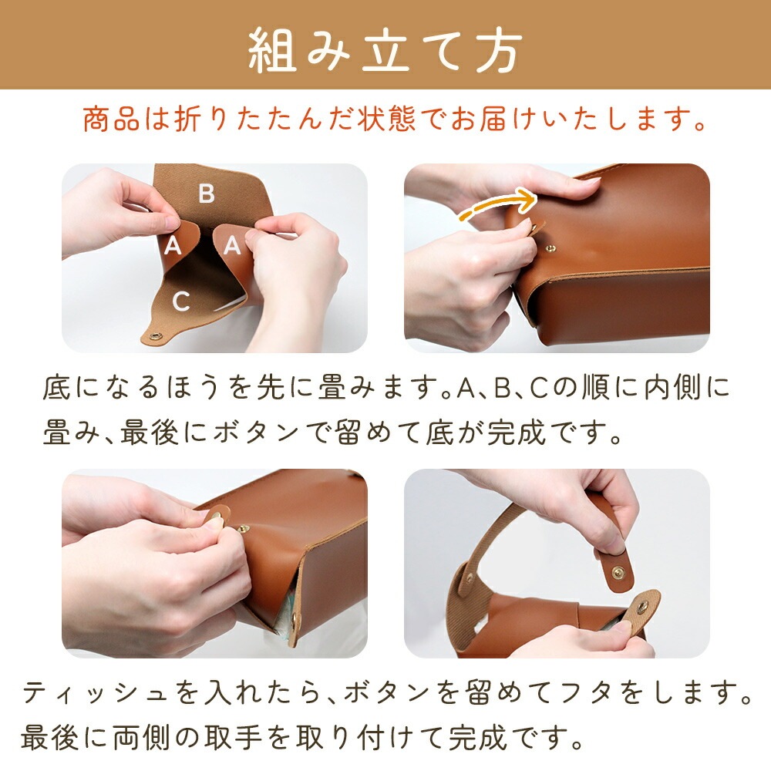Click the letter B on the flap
(207, 194)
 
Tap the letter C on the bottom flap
(181, 301)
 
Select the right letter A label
(232, 244)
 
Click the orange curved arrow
(497, 206)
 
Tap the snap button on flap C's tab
(157, 336)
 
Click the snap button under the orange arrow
(551, 250)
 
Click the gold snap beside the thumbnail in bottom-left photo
(242, 529)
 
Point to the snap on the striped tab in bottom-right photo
(642, 607)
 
